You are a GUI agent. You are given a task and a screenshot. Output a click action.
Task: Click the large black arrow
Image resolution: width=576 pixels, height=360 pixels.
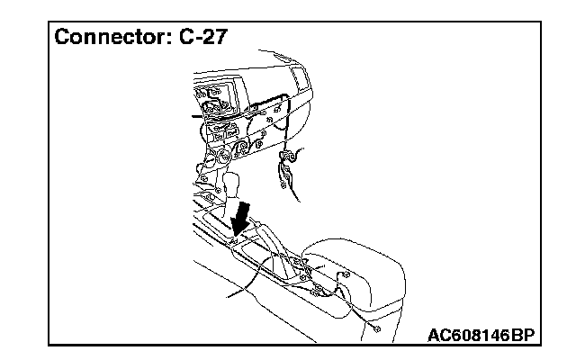coord(240,214)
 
